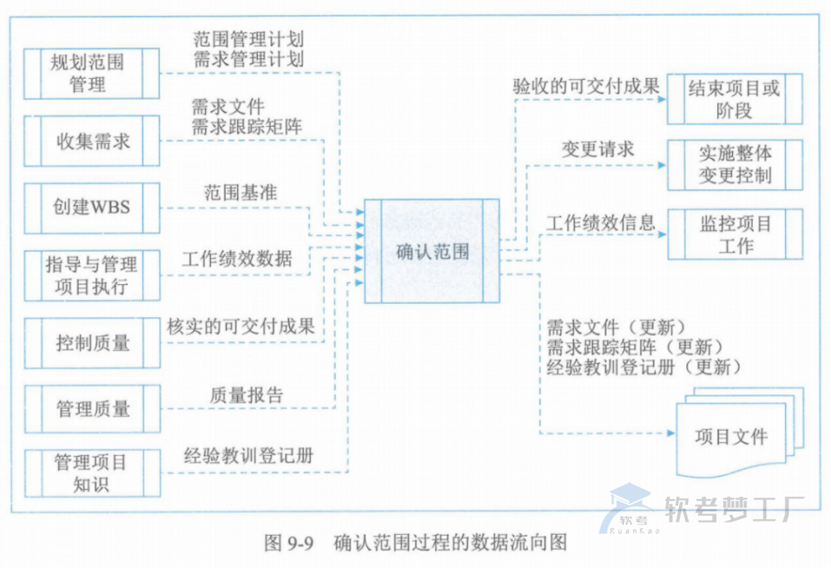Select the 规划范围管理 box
click(x=92, y=73)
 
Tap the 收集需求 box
click(x=92, y=141)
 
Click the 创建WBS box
click(x=92, y=207)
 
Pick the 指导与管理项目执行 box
click(x=92, y=276)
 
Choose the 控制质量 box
click(x=92, y=342)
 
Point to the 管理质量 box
click(x=92, y=409)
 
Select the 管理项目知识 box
click(x=92, y=473)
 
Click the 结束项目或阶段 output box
click(x=735, y=99)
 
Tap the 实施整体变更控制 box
click(x=735, y=164)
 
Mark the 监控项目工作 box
click(x=735, y=235)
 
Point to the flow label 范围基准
click(x=241, y=192)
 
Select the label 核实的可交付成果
click(x=241, y=326)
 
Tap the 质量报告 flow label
click(x=246, y=395)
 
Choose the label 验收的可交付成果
click(x=586, y=86)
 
